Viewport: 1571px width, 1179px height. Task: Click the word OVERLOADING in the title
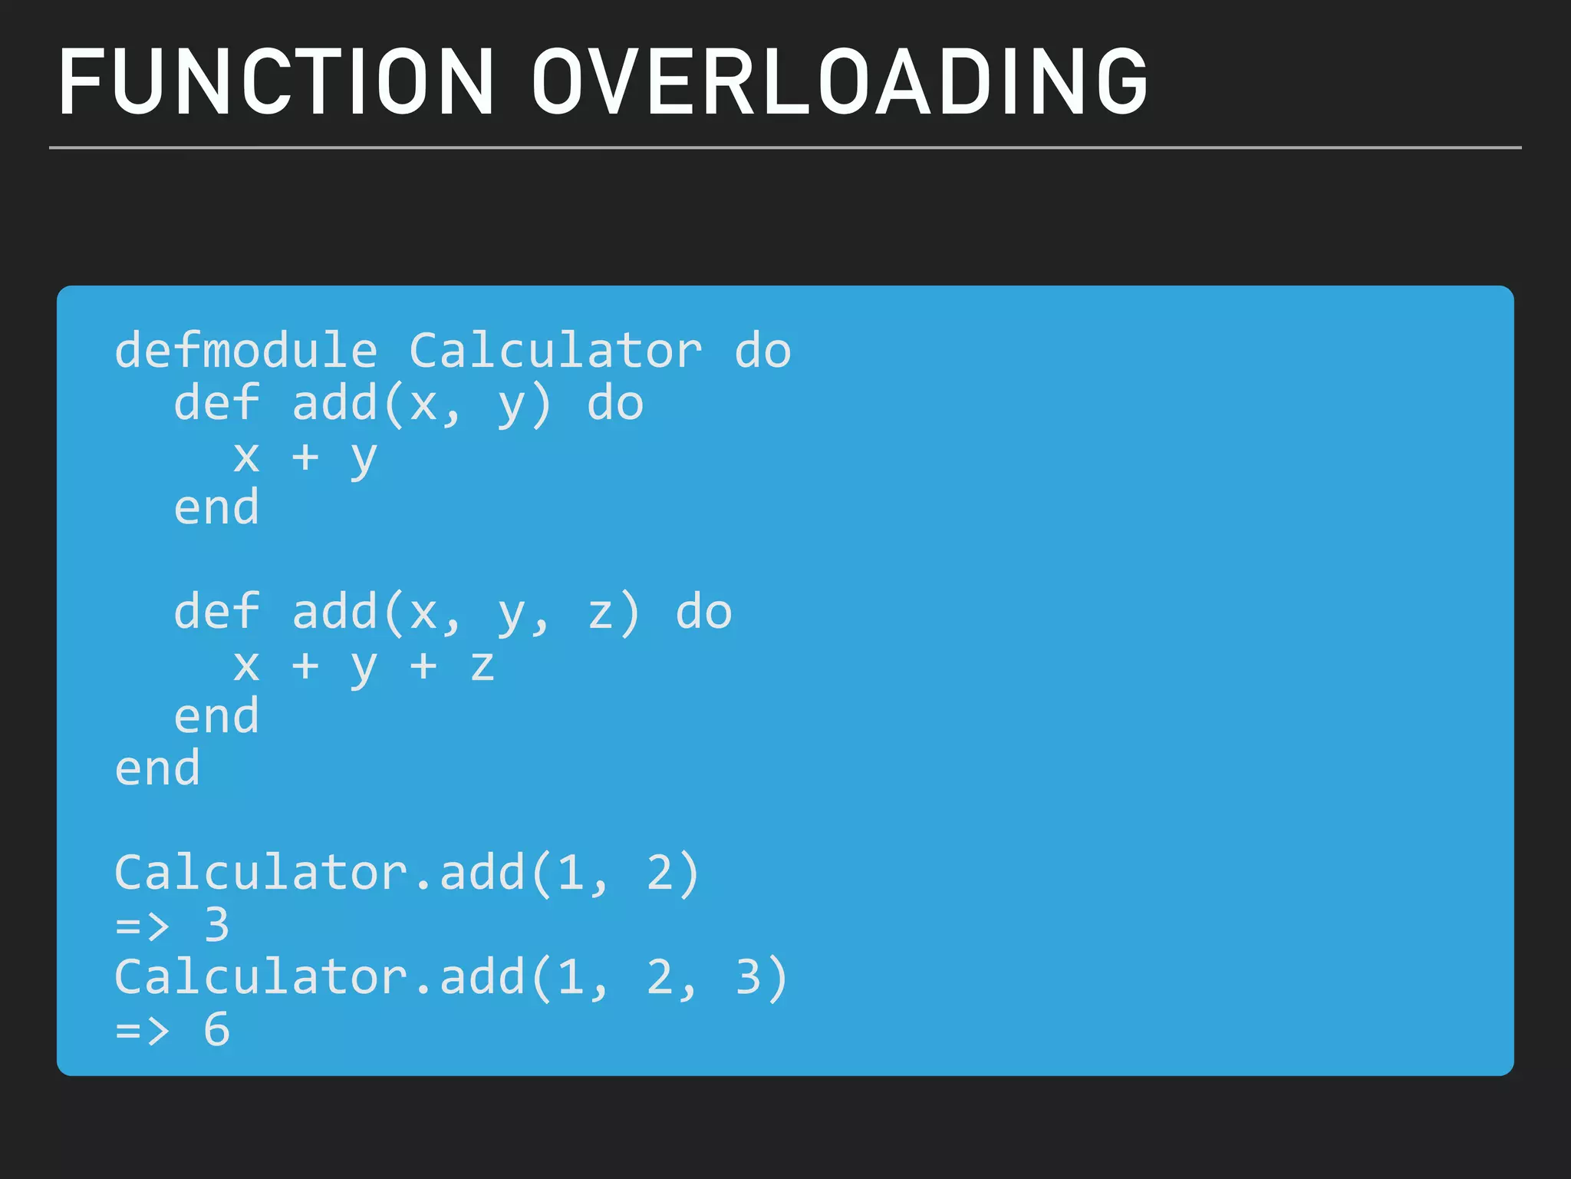click(839, 82)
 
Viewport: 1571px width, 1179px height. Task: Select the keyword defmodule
click(246, 351)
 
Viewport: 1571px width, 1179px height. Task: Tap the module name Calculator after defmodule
click(555, 351)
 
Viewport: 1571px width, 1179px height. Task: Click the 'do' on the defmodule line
click(762, 351)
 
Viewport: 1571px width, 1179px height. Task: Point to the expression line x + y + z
click(364, 665)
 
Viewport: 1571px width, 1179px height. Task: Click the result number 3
click(217, 924)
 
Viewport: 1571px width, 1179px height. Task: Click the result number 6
click(217, 1029)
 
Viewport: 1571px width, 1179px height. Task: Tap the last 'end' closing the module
click(158, 768)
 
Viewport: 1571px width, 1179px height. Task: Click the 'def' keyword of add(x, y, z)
click(216, 612)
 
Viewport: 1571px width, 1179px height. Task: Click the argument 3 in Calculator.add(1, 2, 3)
click(748, 977)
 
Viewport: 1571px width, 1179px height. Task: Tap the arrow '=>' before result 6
click(143, 1030)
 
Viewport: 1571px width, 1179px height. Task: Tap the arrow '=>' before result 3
click(143, 926)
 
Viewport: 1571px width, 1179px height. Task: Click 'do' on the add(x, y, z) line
click(703, 612)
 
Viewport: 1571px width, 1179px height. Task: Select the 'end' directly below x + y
click(216, 508)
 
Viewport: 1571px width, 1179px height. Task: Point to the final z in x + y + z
click(482, 666)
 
